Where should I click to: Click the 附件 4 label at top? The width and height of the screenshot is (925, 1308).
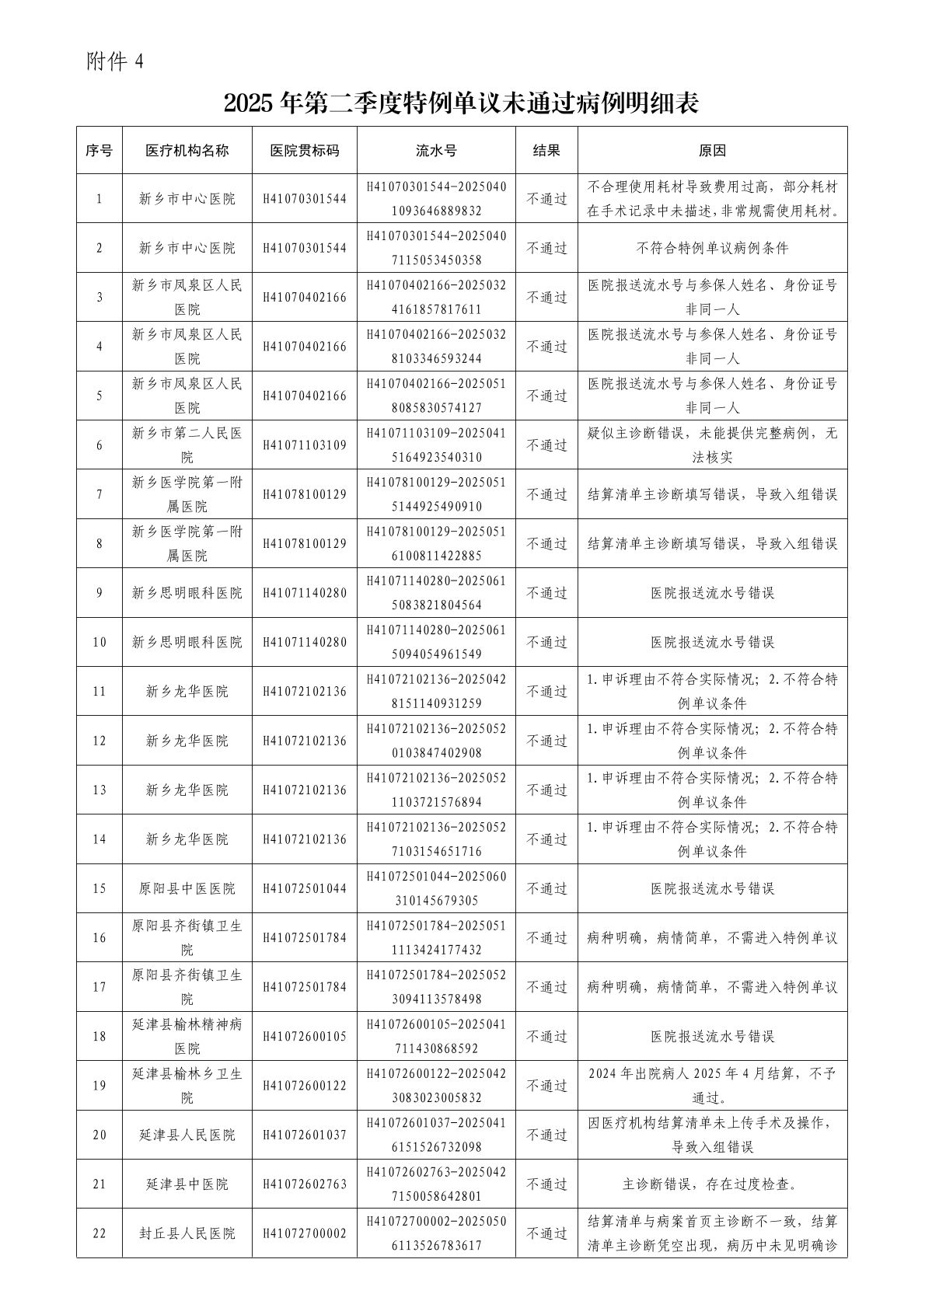click(115, 62)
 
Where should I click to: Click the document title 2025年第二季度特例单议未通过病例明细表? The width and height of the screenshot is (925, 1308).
click(462, 104)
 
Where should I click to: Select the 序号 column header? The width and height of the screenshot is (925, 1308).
click(99, 151)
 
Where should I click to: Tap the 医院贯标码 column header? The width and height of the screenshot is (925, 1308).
click(304, 151)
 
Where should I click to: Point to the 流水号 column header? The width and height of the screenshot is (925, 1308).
click(436, 151)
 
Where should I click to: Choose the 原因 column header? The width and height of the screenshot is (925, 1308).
click(712, 151)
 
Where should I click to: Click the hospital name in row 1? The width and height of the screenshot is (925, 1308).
click(187, 199)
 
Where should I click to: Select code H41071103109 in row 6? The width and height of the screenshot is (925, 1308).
click(304, 445)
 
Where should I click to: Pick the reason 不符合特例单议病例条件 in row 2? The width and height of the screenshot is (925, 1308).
click(712, 248)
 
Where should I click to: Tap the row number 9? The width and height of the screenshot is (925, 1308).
click(99, 593)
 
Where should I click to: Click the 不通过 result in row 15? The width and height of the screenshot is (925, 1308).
click(546, 888)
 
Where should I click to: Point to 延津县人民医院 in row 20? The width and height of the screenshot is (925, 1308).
click(187, 1135)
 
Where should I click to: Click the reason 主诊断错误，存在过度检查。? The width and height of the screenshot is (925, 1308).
click(712, 1184)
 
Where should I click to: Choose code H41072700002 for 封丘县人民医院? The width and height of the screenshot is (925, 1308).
click(304, 1233)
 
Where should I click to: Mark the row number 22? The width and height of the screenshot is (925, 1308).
click(99, 1233)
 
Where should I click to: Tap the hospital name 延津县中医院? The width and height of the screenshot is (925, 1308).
click(187, 1184)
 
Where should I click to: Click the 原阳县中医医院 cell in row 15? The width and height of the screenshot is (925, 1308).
click(187, 888)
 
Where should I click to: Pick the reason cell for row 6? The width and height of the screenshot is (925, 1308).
click(712, 445)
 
